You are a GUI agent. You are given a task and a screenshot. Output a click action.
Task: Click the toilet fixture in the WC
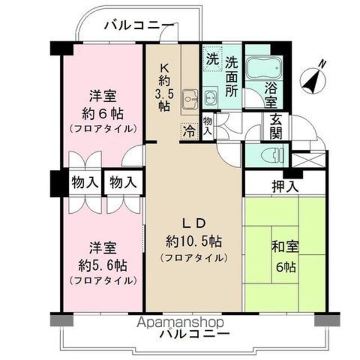coord(273,155)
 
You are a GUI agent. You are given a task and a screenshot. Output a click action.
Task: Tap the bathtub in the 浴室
coord(264,67)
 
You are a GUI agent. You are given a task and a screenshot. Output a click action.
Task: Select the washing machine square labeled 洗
coord(213,58)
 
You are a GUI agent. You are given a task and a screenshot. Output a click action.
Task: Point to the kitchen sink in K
coord(190,100)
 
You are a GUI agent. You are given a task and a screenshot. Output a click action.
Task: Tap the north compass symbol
coord(314,79)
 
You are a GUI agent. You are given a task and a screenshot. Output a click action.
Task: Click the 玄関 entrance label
coord(276,127)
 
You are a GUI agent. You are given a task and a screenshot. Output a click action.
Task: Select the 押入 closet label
coord(285,186)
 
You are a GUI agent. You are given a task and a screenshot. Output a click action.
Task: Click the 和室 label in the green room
coord(285,247)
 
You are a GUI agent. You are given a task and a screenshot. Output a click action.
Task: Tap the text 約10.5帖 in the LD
coord(194,242)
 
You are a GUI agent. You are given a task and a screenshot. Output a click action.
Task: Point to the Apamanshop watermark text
coord(181,322)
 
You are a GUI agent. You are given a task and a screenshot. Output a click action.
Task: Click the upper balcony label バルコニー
coord(139,25)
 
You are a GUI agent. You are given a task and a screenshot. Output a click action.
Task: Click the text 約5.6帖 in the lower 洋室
coord(102,265)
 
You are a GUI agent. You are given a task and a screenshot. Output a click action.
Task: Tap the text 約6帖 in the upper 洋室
coord(102,114)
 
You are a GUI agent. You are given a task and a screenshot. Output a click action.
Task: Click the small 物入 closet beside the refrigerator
coord(208,125)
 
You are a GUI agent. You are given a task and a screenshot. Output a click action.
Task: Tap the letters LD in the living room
coord(193,223)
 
